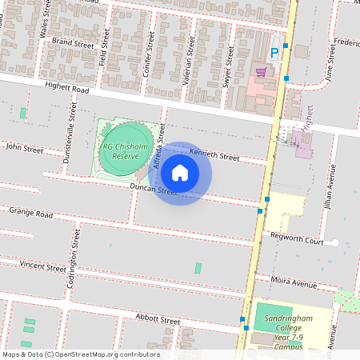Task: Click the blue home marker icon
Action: click(180, 173)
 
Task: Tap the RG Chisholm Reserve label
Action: click(119, 152)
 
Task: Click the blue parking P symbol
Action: click(274, 53)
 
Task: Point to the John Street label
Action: click(24, 147)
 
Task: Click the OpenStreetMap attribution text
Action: click(81, 354)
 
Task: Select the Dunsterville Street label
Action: click(70, 130)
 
